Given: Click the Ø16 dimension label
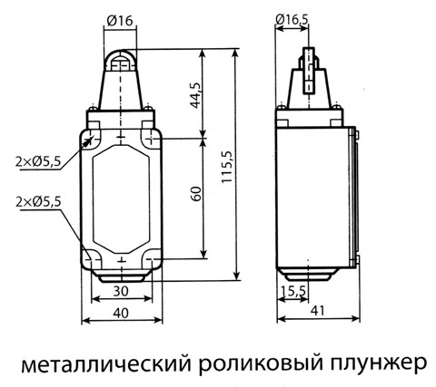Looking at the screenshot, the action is pos(120,21).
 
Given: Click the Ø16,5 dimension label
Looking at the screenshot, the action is pos(292,20).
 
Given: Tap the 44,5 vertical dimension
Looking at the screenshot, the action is pos(195,95).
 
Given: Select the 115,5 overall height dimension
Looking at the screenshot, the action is pos(227,167).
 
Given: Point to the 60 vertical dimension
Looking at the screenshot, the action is pos(196,194).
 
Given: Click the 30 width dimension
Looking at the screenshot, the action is pos(121,291).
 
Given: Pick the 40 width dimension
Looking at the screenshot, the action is pos(121,314).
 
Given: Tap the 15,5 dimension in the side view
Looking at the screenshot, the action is pos(293,291).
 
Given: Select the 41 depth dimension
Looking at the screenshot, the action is pos(317,311).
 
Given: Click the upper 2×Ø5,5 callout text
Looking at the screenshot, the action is pos(38,162).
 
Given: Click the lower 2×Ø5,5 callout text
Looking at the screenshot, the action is pos(38,201).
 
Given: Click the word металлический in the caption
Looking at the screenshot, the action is pos(106,364).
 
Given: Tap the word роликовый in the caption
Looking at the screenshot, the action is pos(261,364).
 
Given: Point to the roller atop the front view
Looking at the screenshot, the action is pos(120,61).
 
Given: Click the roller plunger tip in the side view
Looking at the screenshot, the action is pos(309,70).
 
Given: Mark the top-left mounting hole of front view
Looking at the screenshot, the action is pos(92,140).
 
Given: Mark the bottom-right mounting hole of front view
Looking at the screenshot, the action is pos(151,259).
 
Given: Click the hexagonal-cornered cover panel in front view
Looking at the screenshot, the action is pos(121,199).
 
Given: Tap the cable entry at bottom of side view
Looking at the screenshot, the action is pos(308,276).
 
